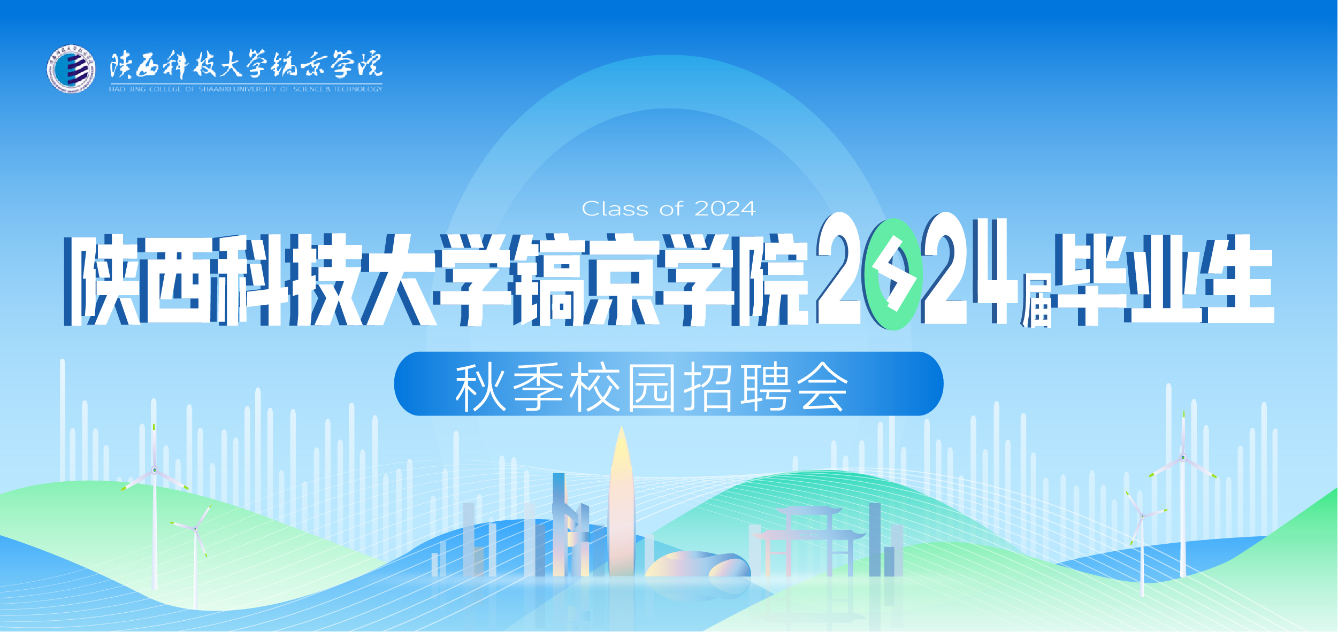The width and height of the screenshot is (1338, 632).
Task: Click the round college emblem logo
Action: click(71, 69)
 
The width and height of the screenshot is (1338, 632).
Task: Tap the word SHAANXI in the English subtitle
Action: click(215, 89)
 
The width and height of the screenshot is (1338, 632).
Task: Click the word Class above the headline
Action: click(615, 209)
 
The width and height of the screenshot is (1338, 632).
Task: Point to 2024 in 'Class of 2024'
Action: click(725, 209)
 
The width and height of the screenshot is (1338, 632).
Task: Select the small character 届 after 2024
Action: click(1036, 301)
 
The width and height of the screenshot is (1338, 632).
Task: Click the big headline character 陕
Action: click(103, 280)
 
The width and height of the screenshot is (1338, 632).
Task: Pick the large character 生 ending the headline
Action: click(1237, 279)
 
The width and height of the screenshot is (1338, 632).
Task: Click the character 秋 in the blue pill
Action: click(480, 387)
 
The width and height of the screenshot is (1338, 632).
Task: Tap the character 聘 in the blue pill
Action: click(766, 387)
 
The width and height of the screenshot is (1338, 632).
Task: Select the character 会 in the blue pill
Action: click(822, 387)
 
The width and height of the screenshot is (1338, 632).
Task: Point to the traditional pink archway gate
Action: click(809, 541)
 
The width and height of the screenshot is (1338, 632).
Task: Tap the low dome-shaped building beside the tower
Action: click(698, 565)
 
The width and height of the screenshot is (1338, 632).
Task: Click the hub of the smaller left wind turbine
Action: click(196, 529)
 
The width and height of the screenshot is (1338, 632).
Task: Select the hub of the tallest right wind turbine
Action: click(1183, 458)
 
